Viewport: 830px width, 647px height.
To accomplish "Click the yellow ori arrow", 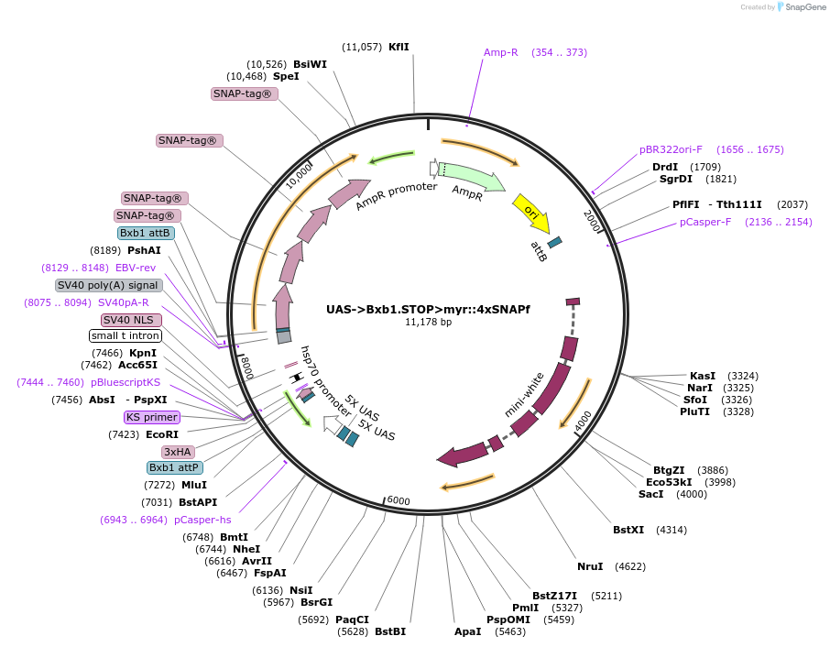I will tap(530, 213).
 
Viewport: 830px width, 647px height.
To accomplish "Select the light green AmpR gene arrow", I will tap(471, 176).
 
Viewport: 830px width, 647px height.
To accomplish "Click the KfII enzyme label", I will tap(399, 46).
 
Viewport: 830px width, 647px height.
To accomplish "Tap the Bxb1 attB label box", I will tap(146, 233).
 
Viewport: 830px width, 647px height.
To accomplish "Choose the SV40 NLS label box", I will tap(131, 320).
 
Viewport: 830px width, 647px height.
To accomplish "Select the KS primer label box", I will tap(152, 417).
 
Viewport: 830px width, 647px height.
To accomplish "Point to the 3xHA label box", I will tap(177, 452).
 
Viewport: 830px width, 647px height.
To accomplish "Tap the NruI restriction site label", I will tap(590, 566).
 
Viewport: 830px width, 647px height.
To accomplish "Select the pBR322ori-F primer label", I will tap(671, 149).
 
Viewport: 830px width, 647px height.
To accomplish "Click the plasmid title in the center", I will tap(428, 309).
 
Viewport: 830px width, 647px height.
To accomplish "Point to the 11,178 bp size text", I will tap(428, 323).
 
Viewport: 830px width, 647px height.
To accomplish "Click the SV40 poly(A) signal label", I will tap(109, 285).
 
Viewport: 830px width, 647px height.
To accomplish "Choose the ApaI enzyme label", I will tap(467, 631).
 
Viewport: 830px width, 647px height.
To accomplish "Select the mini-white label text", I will tap(525, 395).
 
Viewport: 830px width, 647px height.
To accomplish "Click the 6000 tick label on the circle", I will tap(399, 500).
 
